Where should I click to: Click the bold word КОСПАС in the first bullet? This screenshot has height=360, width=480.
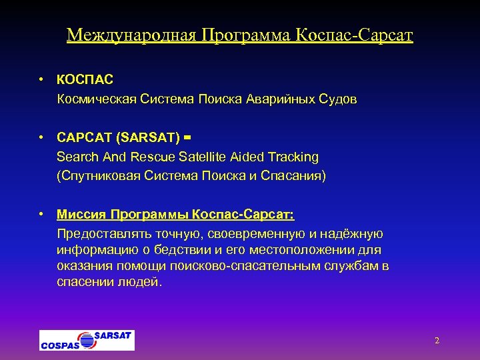[85, 80]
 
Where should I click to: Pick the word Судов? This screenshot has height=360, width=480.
[339, 99]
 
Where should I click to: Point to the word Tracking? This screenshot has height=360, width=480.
[293, 157]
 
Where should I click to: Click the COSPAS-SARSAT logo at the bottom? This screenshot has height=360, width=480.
[87, 340]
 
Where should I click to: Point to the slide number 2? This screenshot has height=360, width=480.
[437, 341]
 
